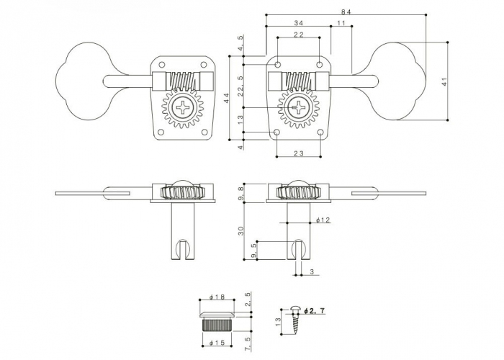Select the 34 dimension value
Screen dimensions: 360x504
point(298,23)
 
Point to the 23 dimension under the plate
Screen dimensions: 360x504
point(297,152)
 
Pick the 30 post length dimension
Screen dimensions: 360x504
point(242,230)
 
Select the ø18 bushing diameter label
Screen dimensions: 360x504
point(217,297)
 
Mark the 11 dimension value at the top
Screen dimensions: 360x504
point(341,23)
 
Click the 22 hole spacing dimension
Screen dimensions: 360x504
point(297,35)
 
